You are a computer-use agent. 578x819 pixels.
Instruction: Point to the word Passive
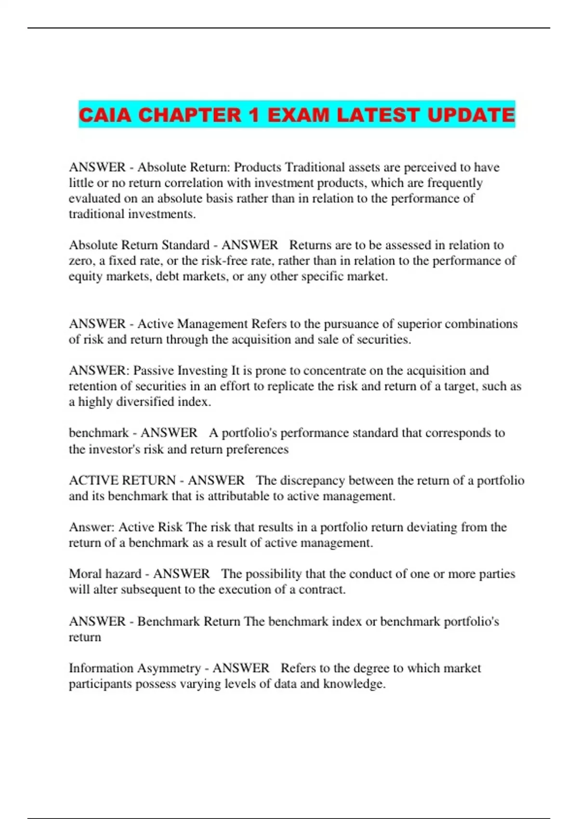tap(154, 370)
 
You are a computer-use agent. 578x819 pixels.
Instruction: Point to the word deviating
tap(432, 527)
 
